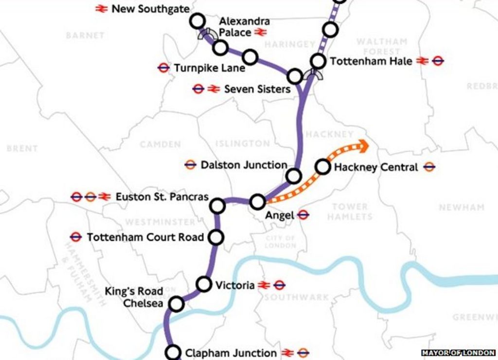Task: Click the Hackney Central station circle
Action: point(322,167)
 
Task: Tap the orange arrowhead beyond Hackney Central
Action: point(362,145)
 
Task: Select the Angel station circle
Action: point(258,201)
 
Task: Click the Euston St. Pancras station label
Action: point(162,197)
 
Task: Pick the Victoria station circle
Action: point(204,284)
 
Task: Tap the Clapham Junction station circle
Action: point(173,352)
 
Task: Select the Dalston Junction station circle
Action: point(294,176)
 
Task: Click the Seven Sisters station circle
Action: point(295,76)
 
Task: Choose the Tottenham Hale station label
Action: point(371,61)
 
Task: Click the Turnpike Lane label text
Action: point(210,68)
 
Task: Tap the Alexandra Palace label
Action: point(244,27)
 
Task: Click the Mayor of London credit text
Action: point(458,353)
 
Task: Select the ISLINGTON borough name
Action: point(242,144)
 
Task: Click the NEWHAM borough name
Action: point(462,207)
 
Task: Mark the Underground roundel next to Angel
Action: point(303,215)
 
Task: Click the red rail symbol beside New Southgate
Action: point(101,9)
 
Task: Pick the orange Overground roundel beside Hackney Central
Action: point(429,167)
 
